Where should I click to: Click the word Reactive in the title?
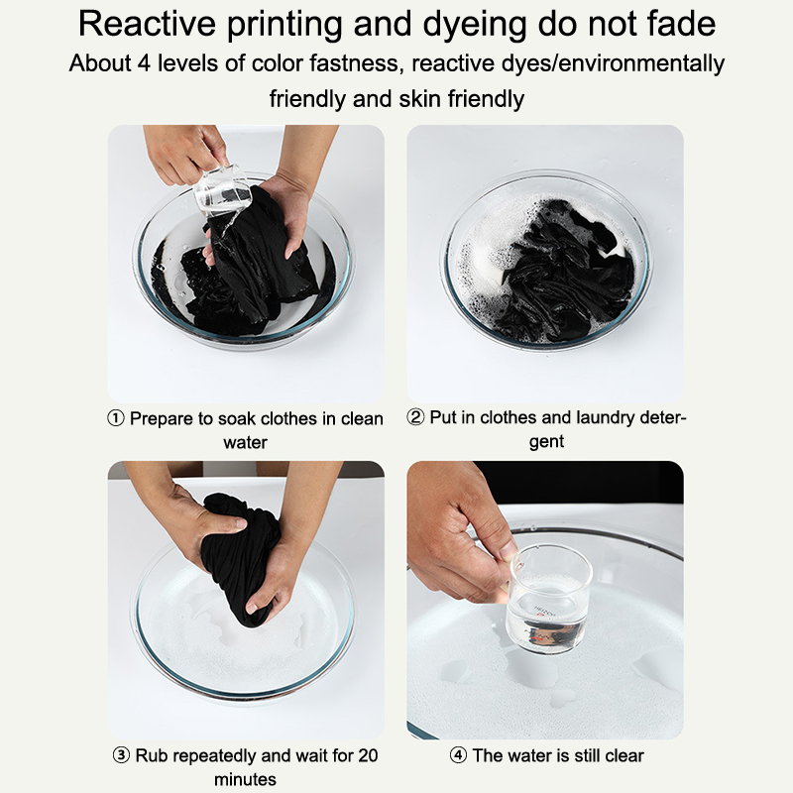point(147,23)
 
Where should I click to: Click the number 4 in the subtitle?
point(144,63)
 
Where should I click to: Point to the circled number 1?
point(116,418)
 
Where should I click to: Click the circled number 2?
point(415,417)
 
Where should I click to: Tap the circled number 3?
point(121,755)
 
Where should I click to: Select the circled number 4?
point(458,755)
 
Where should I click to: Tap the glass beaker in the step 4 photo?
point(549,599)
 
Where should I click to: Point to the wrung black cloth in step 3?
point(239,556)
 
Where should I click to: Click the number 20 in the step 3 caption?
point(368,755)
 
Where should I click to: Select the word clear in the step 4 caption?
point(624,755)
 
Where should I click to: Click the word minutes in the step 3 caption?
point(245,779)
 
